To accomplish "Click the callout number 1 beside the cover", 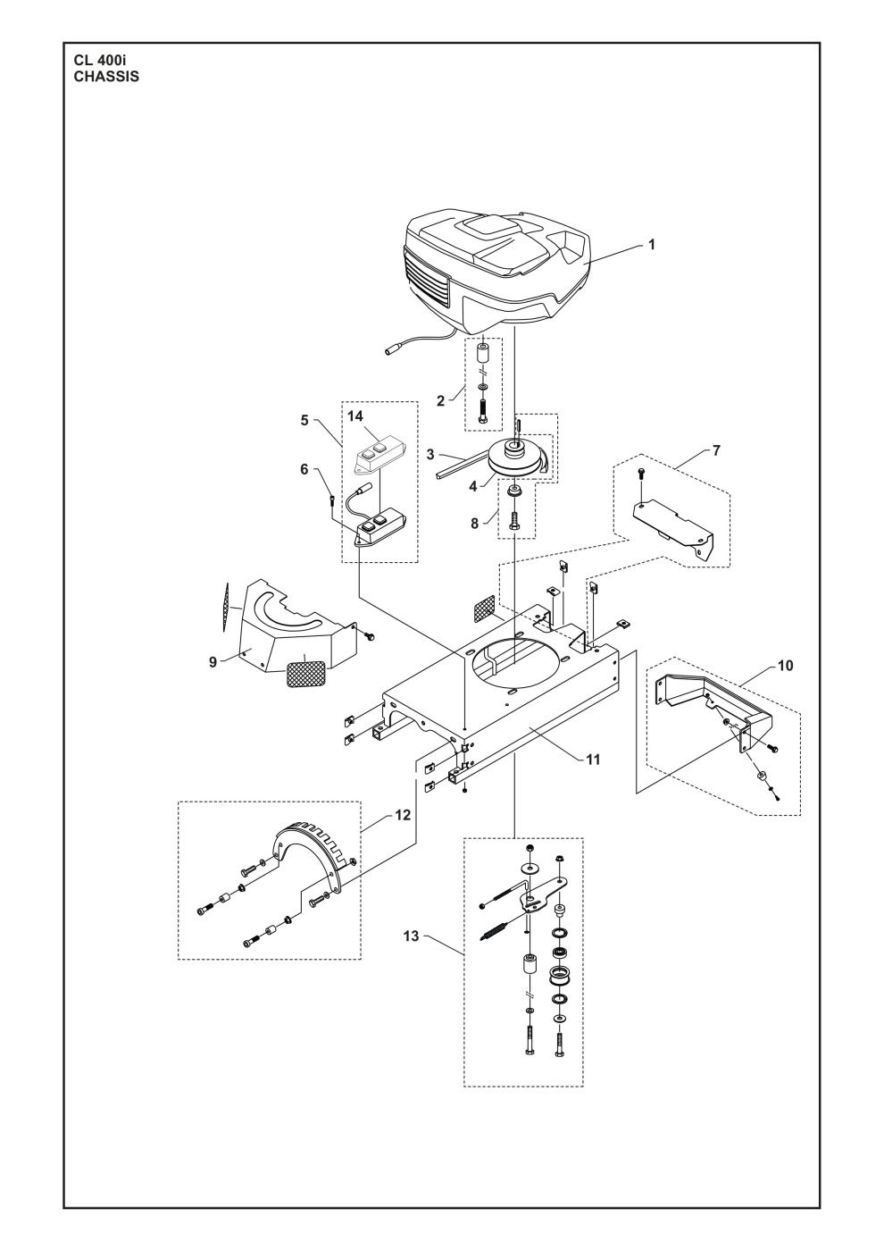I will [651, 244].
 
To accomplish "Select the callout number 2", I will [440, 401].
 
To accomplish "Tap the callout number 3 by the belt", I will [430, 455].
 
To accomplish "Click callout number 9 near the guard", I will [213, 662].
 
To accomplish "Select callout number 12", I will [378, 815].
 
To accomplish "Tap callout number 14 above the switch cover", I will [356, 416].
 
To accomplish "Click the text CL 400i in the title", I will [106, 61].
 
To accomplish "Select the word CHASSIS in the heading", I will [106, 77].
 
